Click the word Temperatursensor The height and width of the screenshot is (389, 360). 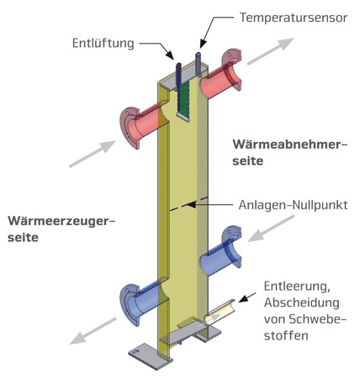pos(294,18)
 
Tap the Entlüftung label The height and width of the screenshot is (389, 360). pos(103,44)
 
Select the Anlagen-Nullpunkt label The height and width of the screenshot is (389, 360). pos(293,205)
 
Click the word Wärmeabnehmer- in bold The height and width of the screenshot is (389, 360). pos(290,145)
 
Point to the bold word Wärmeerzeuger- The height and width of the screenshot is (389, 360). pos(61,221)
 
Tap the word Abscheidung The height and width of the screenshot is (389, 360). pos(302,302)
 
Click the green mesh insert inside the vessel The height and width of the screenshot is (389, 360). pos(183,99)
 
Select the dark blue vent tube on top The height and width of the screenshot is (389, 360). pos(178,76)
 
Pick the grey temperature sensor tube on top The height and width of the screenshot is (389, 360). pos(199,65)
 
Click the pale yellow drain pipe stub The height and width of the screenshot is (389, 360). pos(220,313)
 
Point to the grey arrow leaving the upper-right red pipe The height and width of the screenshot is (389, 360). pos(271,51)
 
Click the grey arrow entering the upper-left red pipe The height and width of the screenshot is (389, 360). pos(93,154)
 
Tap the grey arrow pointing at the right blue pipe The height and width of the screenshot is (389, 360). pos(272,229)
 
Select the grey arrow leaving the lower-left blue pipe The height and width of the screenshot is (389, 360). pos(93,331)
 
